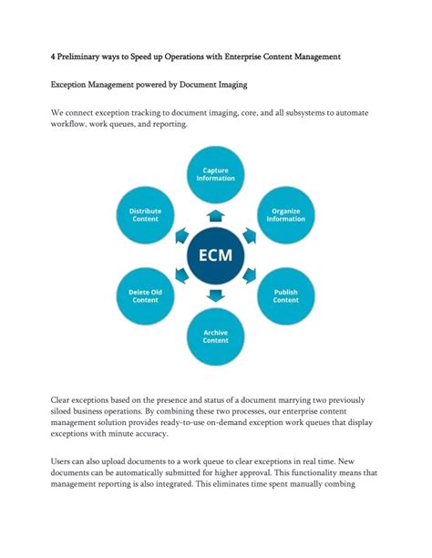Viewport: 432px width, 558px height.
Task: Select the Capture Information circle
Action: tap(216, 173)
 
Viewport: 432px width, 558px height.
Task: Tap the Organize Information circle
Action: tap(285, 214)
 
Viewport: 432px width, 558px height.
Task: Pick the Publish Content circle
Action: tap(285, 295)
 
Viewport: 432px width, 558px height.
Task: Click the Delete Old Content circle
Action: tap(146, 295)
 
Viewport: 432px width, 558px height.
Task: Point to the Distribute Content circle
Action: tap(146, 214)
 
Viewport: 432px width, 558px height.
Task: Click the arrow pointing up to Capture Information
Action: tap(216, 215)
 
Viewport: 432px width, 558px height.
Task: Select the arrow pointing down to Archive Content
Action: tap(216, 294)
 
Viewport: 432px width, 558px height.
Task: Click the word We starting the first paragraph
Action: tap(57, 114)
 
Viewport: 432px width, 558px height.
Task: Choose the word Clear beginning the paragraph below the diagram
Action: tap(64, 401)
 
